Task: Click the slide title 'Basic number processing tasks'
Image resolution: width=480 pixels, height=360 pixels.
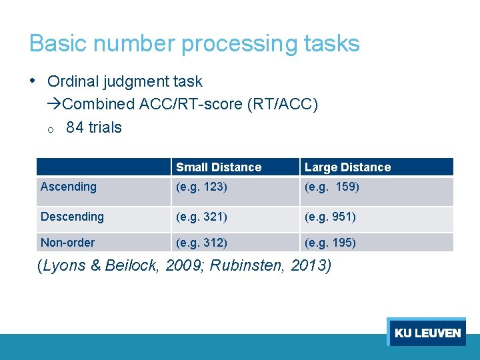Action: (x=194, y=44)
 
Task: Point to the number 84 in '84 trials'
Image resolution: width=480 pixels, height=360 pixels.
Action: (x=75, y=127)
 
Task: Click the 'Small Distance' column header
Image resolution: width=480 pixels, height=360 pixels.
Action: (x=219, y=167)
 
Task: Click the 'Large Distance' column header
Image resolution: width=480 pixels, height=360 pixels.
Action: (x=347, y=167)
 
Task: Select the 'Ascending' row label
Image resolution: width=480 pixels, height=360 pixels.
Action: (x=69, y=187)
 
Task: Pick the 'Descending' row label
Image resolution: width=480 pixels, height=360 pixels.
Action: (x=72, y=217)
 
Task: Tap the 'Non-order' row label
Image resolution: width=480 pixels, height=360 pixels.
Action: (x=67, y=243)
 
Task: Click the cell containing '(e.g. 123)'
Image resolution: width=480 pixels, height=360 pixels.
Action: (x=201, y=187)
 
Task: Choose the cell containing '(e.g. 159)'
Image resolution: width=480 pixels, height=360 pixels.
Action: (x=331, y=187)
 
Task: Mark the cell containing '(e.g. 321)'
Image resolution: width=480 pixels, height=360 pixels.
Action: (x=201, y=217)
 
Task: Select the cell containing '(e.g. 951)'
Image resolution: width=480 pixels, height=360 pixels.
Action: (x=330, y=217)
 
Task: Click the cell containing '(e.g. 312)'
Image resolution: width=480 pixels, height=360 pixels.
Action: (x=201, y=243)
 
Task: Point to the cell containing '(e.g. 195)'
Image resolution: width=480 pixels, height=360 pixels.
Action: (x=330, y=243)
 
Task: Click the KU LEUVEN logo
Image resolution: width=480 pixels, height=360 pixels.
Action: (x=427, y=333)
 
